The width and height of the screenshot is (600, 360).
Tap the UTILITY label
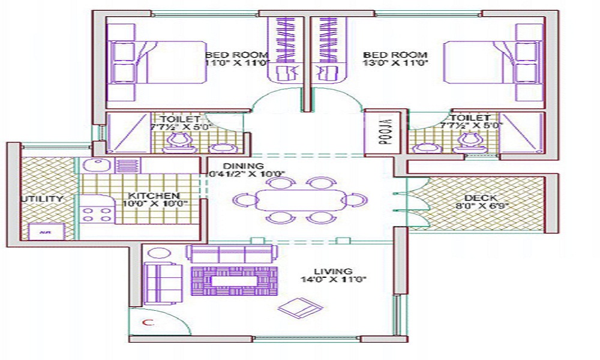coord(41,199)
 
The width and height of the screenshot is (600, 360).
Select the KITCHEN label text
coord(154,196)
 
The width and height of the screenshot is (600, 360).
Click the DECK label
coord(481,199)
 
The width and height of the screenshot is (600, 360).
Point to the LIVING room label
coord(337,271)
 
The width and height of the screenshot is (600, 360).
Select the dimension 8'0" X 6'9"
coord(481,207)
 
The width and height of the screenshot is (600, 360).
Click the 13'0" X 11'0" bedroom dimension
coord(395,62)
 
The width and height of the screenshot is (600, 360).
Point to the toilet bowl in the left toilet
coord(179,140)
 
